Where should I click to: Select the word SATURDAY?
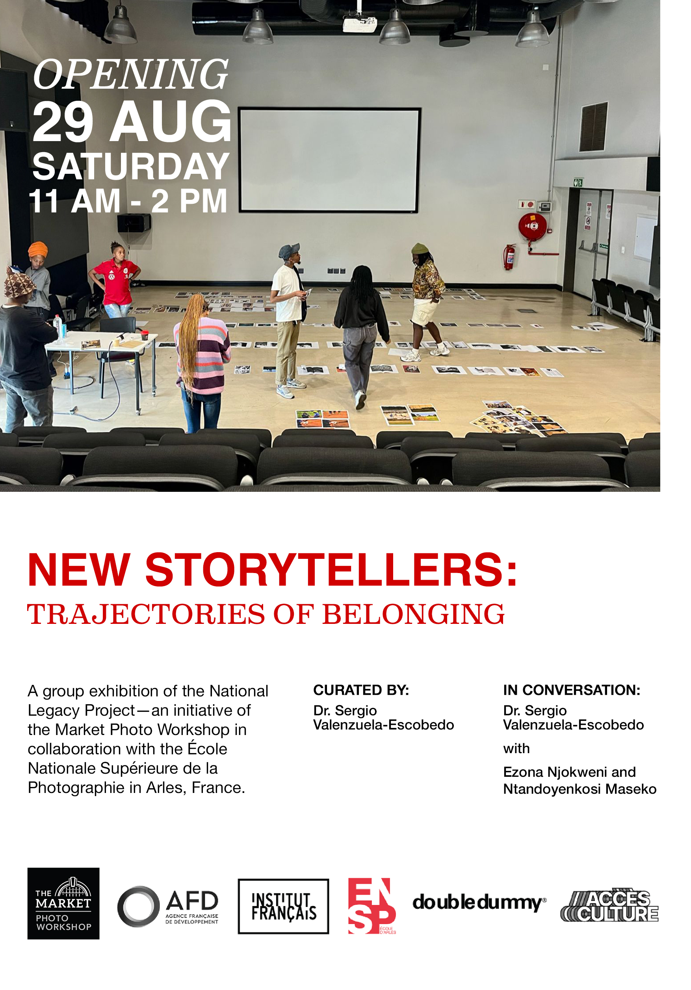pos(131,166)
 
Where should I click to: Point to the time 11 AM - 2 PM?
pos(128,201)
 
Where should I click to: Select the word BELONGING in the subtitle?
pos(413,614)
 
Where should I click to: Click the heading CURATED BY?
pos(361,690)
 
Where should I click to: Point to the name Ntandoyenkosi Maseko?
pos(580,789)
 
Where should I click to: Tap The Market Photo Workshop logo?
pos(63,903)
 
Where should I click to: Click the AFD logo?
pos(168,906)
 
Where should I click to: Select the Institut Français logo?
pos(283,906)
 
